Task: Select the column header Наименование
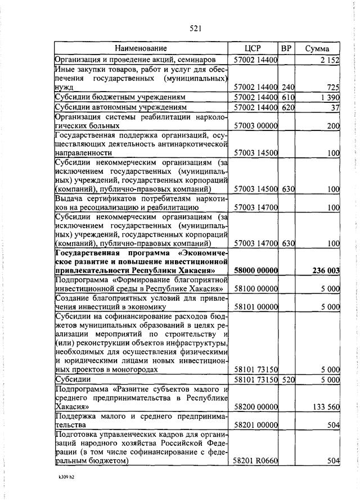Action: coord(141,48)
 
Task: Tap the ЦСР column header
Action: coord(254,48)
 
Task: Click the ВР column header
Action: coord(286,48)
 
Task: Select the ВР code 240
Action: coord(288,87)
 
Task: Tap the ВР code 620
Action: coord(288,107)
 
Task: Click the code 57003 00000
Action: coord(255,126)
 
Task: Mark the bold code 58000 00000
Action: coord(255,270)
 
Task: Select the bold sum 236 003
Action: coord(326,270)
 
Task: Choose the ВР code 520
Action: coord(288,379)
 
